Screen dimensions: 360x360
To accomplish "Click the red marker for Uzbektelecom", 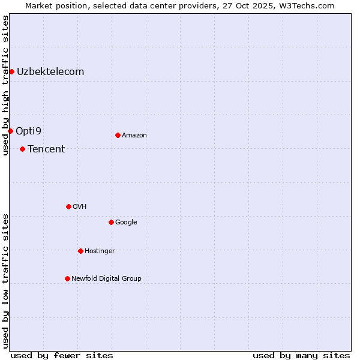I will click(x=11, y=72).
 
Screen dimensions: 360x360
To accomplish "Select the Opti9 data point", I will click(x=10, y=131).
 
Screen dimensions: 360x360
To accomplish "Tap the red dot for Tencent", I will click(x=22, y=149).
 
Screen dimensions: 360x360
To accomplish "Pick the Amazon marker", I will click(x=118, y=135).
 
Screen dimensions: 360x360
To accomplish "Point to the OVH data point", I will click(x=68, y=206).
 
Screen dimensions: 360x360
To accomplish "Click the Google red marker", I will click(x=111, y=222).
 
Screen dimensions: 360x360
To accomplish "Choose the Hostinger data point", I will click(x=80, y=251).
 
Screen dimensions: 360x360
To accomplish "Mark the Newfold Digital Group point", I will click(x=67, y=278).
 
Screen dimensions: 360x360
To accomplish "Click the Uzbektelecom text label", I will click(x=50, y=72).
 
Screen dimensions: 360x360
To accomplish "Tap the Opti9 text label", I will click(x=28, y=131).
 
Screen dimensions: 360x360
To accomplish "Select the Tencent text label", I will click(x=46, y=149).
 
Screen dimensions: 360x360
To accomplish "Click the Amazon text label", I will click(x=134, y=136).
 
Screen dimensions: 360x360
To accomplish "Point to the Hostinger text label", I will click(x=100, y=251).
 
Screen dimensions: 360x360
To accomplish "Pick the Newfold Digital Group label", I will click(x=106, y=278).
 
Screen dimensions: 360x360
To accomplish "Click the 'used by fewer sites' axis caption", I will click(x=62, y=355).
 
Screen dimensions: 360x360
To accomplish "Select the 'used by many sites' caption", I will click(x=301, y=355).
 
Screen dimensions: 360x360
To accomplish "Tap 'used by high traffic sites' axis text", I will click(x=5, y=85).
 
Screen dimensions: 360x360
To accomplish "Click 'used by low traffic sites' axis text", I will click(x=5, y=280).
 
